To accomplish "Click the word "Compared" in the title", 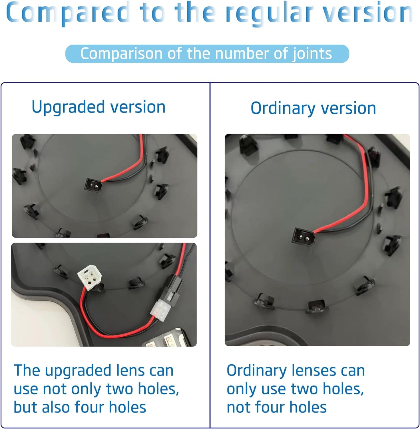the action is (x=68, y=13).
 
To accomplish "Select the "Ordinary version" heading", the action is (x=313, y=108).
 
